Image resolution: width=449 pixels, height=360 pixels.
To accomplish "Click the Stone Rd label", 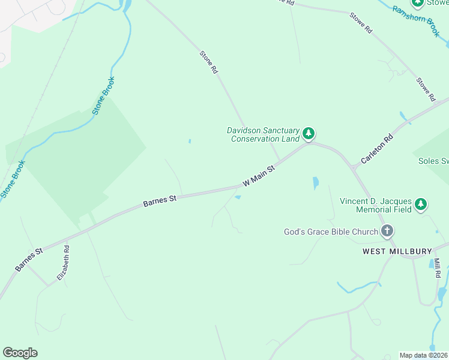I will tap(209, 62).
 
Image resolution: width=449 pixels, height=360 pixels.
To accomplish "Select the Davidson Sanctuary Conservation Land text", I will tap(262, 134).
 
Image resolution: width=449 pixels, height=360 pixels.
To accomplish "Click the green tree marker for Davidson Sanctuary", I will tap(309, 133).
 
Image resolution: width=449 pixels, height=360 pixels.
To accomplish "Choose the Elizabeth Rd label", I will tap(64, 263).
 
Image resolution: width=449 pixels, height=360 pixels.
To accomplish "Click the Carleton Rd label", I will tap(376, 149).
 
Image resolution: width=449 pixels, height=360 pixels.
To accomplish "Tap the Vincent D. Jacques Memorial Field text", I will tap(375, 205).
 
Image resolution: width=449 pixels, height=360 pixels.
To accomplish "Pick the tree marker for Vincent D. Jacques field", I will tap(421, 205).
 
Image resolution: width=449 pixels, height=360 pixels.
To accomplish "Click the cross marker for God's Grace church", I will tap(387, 231).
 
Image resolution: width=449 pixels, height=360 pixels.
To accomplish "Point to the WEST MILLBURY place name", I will tap(397, 251).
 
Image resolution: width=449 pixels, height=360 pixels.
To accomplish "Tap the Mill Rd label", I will tap(437, 268).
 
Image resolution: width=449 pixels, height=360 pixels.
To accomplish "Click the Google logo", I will tap(20, 353).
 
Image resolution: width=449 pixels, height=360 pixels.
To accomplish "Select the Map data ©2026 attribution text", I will tap(424, 355).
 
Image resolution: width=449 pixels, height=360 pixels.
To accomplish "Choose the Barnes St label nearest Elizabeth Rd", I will tap(29, 259).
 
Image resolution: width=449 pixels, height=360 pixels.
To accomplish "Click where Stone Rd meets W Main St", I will tap(279, 161).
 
